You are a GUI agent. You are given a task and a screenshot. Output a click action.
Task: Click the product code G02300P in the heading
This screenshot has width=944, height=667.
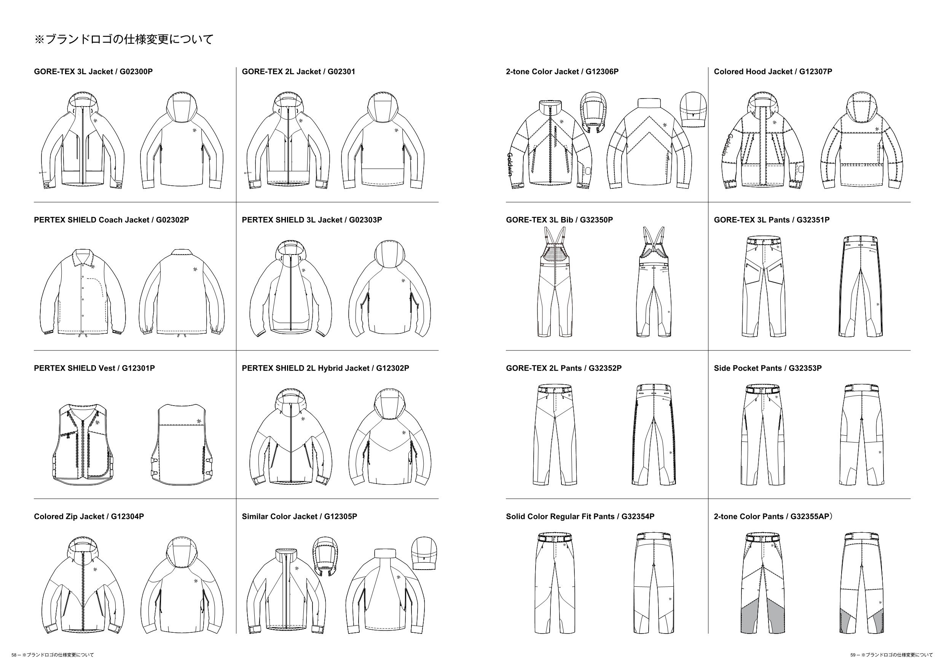[x=136, y=72]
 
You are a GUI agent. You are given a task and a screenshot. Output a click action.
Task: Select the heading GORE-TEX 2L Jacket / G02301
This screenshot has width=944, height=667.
[x=298, y=72]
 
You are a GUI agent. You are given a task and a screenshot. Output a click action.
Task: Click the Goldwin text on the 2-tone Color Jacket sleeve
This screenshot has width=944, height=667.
[x=509, y=164]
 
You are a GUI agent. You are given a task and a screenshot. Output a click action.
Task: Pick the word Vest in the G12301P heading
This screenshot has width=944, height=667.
[x=107, y=368]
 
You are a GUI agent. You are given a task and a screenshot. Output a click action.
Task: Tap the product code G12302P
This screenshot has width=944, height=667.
[x=393, y=368]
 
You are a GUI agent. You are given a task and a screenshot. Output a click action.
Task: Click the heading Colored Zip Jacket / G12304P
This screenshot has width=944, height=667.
[x=89, y=517]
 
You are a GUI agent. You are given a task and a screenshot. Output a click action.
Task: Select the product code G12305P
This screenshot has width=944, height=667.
[x=340, y=517]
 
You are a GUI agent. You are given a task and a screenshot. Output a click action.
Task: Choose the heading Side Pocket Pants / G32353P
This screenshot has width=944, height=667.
[x=768, y=368]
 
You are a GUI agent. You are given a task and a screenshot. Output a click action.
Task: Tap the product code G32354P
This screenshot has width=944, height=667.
[x=638, y=517]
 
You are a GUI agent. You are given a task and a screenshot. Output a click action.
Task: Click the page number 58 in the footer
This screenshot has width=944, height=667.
[x=14, y=655]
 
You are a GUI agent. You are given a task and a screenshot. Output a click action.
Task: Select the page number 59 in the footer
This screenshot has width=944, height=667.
[x=853, y=655]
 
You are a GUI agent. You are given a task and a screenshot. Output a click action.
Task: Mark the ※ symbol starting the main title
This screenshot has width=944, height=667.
[x=39, y=40]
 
